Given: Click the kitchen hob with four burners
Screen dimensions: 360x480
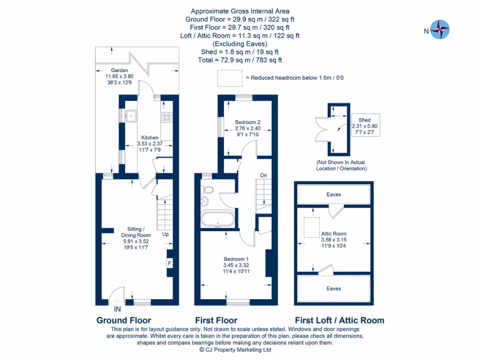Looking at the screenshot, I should pos(167,117).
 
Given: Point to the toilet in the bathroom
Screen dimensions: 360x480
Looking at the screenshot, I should pos(208,189).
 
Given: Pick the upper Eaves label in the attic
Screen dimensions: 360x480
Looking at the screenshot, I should pos(334,194).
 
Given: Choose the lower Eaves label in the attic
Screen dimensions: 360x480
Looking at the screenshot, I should pos(334,288).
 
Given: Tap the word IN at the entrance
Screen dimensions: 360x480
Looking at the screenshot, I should pos(117,309).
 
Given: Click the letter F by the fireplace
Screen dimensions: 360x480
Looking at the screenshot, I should pos(169,263).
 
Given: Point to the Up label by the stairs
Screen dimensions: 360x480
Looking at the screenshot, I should pos(165,233).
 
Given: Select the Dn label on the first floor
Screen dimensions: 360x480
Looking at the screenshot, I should pos(263,175).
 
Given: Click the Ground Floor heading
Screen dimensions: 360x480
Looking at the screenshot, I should pos(124,321).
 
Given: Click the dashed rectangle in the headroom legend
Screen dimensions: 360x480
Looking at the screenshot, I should pos(229,78).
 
